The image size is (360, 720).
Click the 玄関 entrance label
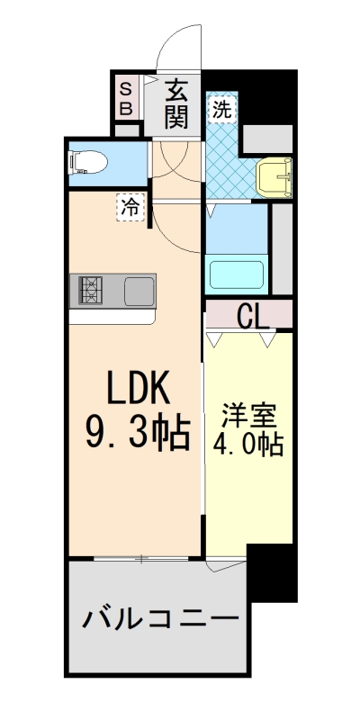177,103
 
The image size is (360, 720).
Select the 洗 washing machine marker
220,110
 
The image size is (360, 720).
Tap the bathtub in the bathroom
235,273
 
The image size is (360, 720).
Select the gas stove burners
91,291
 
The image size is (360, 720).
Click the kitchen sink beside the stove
139,291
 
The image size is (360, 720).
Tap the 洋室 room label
247,418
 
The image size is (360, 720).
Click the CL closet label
251,316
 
